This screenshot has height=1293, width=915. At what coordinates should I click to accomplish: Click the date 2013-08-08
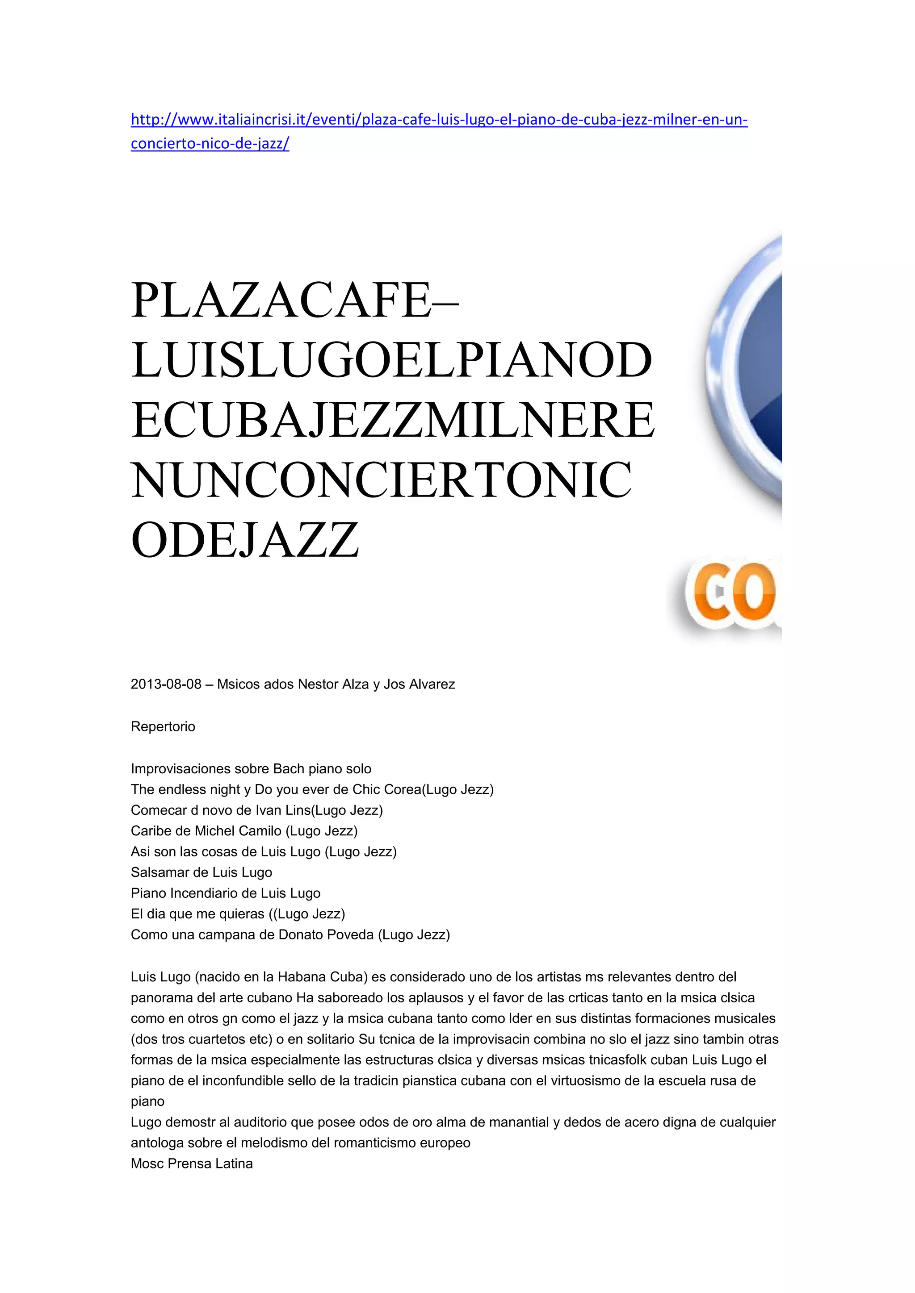click(x=166, y=684)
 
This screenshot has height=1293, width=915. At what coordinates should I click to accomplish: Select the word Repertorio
click(x=163, y=726)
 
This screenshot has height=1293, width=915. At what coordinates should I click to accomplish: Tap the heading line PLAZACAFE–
click(x=295, y=301)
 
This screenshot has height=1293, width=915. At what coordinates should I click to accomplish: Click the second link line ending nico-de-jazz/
click(x=210, y=144)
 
